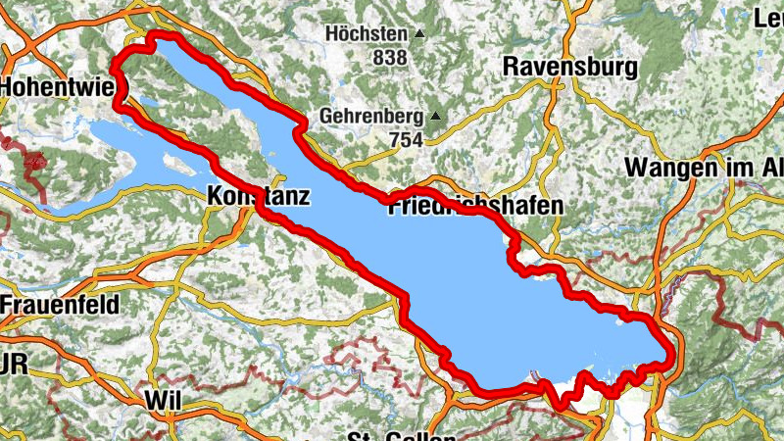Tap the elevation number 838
[389, 58]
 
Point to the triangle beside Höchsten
[419, 34]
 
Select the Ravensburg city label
[568, 67]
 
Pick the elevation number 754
[404, 140]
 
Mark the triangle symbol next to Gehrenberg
[434, 117]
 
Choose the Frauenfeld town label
[60, 304]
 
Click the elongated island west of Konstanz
[177, 162]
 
